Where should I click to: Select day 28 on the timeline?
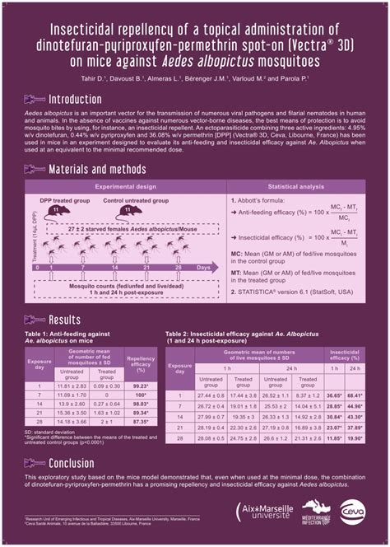tap(176, 268)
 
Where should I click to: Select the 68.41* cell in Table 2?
tap(355, 395)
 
